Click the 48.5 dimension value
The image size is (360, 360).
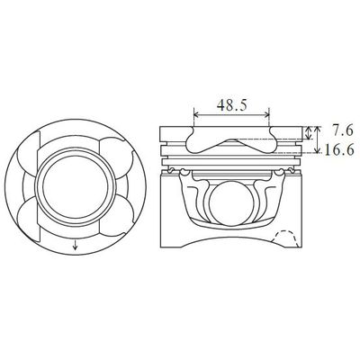point(232,105)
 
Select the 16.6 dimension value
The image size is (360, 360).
point(339,152)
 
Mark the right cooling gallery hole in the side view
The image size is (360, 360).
point(291,168)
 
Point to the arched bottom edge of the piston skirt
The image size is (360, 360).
point(232,254)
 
